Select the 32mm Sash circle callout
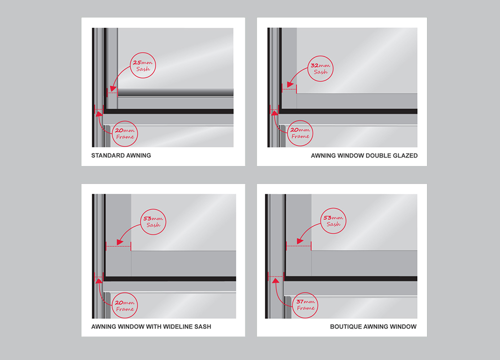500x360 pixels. point(320,68)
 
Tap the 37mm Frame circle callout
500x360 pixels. point(306,305)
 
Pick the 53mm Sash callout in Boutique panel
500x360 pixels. point(333,220)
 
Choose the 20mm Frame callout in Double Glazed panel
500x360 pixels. point(300,133)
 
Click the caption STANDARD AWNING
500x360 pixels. point(121,155)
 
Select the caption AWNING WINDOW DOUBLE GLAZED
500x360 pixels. point(364,155)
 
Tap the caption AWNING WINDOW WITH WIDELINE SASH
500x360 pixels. point(151,326)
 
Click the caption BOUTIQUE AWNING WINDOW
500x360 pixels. point(373,326)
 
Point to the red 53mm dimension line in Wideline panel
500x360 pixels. point(118,246)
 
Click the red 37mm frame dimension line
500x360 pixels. point(275,275)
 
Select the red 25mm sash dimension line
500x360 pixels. point(112,92)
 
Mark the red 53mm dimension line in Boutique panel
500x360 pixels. point(298,246)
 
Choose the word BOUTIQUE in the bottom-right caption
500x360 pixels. point(345,326)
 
